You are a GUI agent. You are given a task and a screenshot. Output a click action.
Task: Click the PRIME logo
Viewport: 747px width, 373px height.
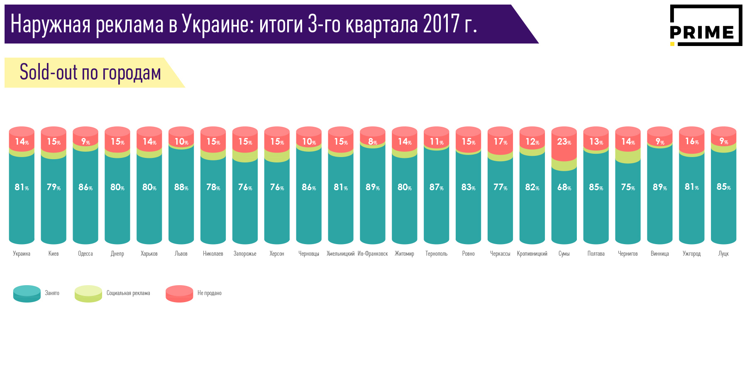705,26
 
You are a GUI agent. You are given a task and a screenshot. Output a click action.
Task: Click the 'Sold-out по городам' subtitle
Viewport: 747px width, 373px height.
90,73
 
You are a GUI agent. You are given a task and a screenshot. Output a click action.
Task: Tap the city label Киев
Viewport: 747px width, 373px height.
54,254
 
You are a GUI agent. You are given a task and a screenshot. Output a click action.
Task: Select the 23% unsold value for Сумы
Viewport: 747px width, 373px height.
564,142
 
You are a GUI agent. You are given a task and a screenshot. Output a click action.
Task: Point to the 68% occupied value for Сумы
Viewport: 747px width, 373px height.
564,187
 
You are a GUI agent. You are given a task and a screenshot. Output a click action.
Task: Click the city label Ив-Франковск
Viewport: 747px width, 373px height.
373,254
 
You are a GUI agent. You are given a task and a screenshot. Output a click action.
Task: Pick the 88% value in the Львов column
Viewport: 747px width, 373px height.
181,187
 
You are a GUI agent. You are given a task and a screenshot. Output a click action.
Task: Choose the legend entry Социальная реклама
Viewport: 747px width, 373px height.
128,293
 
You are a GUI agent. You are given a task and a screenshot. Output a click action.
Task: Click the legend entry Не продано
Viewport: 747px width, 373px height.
209,293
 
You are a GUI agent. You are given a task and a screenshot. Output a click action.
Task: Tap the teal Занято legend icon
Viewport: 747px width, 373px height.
27,293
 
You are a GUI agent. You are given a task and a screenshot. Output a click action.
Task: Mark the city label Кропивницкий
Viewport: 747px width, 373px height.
532,254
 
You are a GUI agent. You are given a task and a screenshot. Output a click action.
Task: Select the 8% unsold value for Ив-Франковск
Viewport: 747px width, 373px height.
373,142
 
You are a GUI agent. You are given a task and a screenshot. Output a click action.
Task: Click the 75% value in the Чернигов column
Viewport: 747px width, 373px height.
628,187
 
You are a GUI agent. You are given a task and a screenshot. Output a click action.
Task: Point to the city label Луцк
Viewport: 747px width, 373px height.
723,254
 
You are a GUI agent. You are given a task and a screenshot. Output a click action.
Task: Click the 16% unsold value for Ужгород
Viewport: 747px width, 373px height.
692,142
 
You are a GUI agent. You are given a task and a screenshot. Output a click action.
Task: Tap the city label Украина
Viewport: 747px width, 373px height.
22,254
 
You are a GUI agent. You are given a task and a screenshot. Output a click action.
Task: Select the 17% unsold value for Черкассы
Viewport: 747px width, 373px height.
500,142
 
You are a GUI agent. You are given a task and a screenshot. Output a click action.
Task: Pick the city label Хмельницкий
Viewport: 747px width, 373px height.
341,254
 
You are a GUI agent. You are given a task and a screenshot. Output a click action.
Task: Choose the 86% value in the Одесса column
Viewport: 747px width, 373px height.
85,187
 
